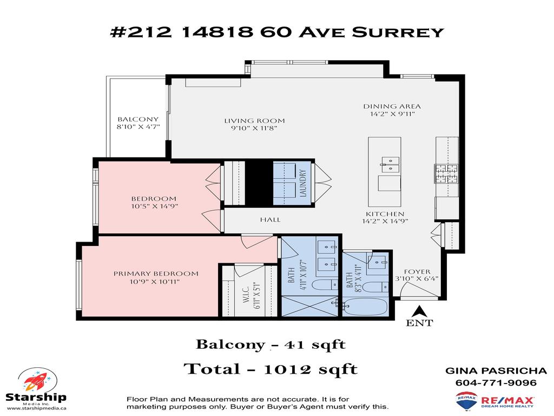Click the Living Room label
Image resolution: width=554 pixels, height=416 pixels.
[x=254, y=121]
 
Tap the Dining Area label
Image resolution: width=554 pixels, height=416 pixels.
[x=392, y=106]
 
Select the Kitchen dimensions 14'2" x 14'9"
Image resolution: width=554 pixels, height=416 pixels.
[x=385, y=221]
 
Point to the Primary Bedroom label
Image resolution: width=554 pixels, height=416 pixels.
[x=156, y=274]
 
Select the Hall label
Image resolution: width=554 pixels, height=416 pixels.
[x=270, y=219]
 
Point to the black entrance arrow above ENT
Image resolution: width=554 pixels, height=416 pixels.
[x=418, y=311]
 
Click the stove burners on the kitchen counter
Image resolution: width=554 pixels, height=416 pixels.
[x=446, y=173]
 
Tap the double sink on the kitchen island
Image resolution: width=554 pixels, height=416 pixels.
[x=389, y=161]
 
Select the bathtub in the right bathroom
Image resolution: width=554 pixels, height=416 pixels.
[x=366, y=308]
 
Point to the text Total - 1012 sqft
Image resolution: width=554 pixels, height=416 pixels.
[x=271, y=369]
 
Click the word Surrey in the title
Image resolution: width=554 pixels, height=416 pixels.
[x=398, y=32]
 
